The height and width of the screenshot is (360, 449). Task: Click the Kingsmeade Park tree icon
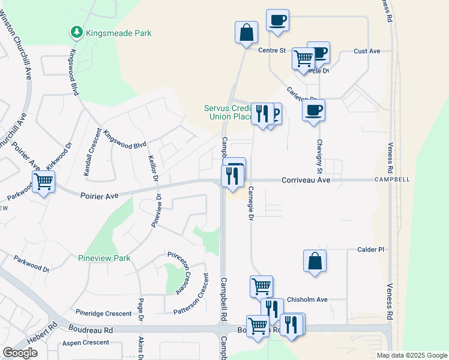click(x=76, y=32)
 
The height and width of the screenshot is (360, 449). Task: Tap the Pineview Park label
click(x=104, y=258)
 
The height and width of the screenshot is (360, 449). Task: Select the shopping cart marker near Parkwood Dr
click(x=43, y=181)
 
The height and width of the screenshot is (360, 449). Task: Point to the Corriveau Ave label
click(x=307, y=179)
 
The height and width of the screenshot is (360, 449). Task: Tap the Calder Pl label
click(x=370, y=250)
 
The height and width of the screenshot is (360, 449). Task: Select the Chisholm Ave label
click(x=307, y=299)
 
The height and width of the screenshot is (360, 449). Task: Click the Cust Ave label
click(x=367, y=52)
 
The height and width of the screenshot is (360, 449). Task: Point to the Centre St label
click(x=271, y=50)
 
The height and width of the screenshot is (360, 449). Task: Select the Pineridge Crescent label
click(x=103, y=313)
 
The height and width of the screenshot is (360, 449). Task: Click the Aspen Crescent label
click(x=86, y=343)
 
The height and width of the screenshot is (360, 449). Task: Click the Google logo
click(x=20, y=353)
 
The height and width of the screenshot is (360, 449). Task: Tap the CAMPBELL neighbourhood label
click(x=392, y=179)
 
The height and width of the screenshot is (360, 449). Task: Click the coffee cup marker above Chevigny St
click(x=314, y=110)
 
